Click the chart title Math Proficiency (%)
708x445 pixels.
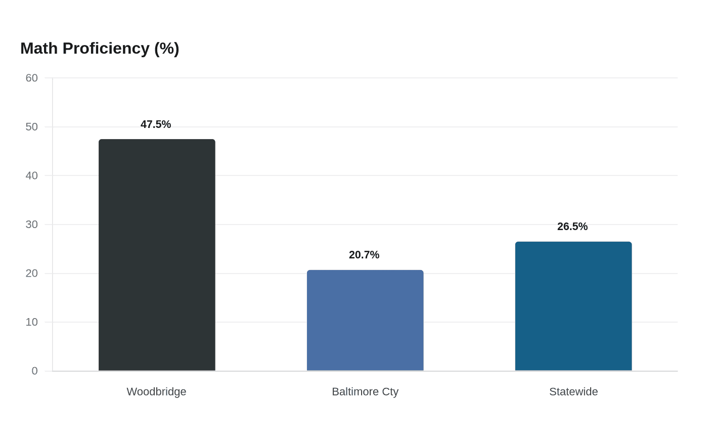point(100,49)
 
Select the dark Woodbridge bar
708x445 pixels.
point(157,255)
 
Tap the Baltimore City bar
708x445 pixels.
point(365,320)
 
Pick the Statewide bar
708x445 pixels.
point(573,306)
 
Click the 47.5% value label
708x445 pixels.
point(156,124)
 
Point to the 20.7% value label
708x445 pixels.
point(364,255)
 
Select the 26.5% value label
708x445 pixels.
point(572,227)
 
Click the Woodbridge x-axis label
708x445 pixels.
point(156,392)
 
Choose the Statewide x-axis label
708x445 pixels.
point(573,392)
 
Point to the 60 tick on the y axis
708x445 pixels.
point(31,78)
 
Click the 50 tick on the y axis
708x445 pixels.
point(31,127)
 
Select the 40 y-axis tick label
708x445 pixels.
point(31,176)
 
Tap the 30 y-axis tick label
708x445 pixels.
point(31,225)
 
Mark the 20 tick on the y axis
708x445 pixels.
point(31,274)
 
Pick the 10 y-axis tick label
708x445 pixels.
point(31,322)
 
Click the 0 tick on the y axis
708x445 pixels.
point(35,371)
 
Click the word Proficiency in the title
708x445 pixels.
point(106,49)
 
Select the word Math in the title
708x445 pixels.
point(39,49)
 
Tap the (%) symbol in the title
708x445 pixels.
point(166,49)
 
